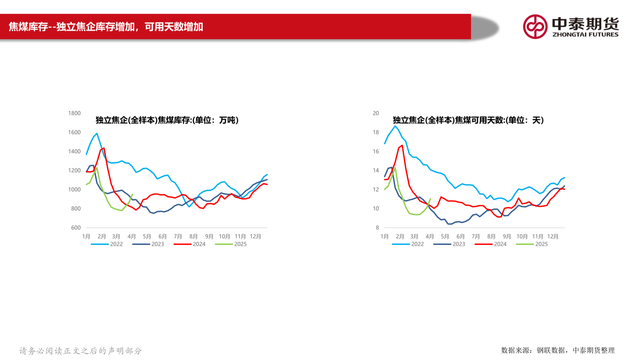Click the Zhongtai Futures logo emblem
point(535,26)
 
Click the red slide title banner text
point(106,27)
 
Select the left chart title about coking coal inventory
point(167,120)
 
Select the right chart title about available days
point(468,120)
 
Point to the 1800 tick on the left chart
point(74,113)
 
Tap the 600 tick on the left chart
point(76,228)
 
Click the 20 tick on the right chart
point(376,113)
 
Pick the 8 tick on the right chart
point(377,228)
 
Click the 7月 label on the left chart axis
point(178,236)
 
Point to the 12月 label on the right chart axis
point(552,236)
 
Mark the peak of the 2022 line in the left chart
point(97,133)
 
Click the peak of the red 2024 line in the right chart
point(402,145)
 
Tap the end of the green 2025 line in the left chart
point(132,194)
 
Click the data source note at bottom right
point(558,350)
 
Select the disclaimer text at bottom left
point(80,351)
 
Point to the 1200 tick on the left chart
point(74,171)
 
